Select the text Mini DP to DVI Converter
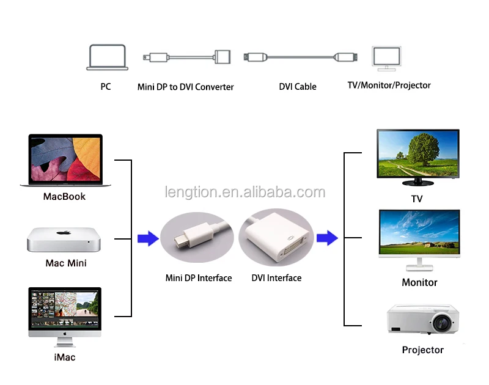pos(185,87)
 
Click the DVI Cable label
pos(298,87)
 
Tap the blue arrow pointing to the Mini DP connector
pos(147,238)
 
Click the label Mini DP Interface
pos(199,278)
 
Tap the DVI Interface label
pos(276,278)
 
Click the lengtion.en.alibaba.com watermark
pos(245,193)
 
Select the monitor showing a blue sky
pos(419,233)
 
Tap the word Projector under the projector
pos(422,350)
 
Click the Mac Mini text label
pos(66,263)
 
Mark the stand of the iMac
pos(64,342)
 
